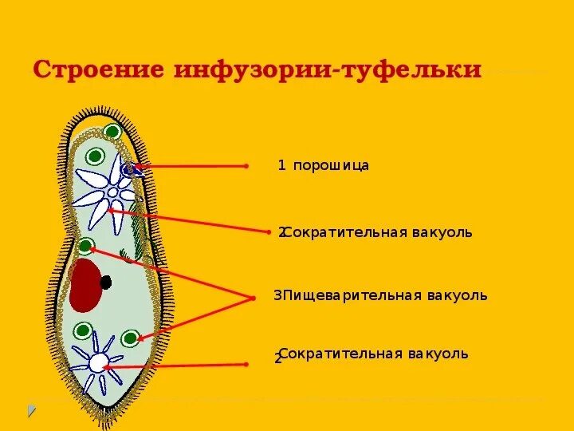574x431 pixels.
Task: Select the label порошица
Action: click(x=331, y=166)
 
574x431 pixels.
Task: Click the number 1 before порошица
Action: click(x=281, y=166)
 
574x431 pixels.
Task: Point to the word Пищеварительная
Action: click(x=348, y=296)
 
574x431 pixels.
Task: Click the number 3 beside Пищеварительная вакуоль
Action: click(x=277, y=296)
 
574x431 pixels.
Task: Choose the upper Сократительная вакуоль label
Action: click(x=378, y=232)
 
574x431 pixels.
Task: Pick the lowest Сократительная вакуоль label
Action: click(x=374, y=354)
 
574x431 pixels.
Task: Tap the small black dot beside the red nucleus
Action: click(x=106, y=281)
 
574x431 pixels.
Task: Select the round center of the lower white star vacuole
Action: click(x=97, y=363)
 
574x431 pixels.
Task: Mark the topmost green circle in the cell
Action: click(x=112, y=132)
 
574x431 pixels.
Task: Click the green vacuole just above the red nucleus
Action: click(x=86, y=245)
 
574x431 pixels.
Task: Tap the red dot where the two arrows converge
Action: click(x=252, y=298)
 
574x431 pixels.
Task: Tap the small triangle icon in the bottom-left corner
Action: click(x=32, y=411)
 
